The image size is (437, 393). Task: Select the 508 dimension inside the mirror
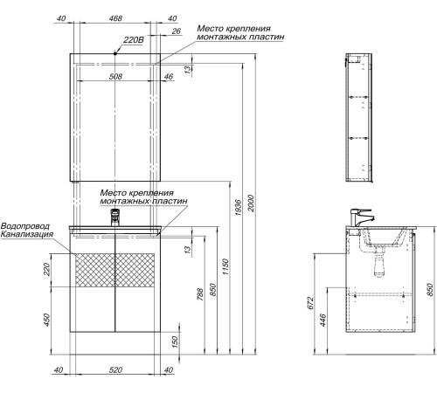[114, 75]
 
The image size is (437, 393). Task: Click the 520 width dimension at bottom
[114, 371]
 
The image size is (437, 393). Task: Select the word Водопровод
[27, 224]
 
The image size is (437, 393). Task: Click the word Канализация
[27, 234]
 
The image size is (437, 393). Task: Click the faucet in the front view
[114, 217]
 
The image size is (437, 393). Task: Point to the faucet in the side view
[361, 216]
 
